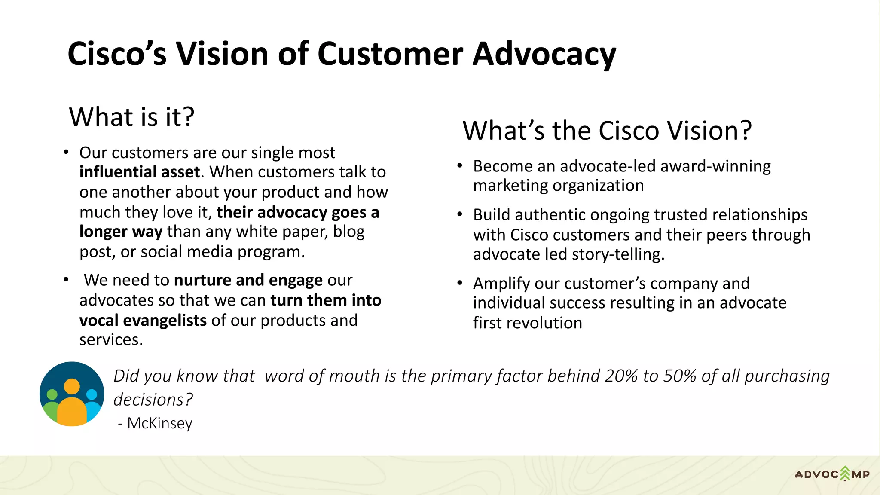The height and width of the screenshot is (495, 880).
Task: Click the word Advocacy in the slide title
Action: pyautogui.click(x=544, y=54)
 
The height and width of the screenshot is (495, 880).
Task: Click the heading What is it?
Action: pyautogui.click(x=131, y=117)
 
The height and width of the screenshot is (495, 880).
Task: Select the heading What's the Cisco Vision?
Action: pyautogui.click(x=607, y=131)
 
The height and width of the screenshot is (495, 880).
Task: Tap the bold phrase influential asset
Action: pyautogui.click(x=140, y=172)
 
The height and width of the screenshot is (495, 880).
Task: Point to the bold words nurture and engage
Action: pyautogui.click(x=248, y=280)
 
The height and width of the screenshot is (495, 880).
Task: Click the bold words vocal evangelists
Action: pyautogui.click(x=143, y=321)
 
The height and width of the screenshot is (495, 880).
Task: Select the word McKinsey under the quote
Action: pyautogui.click(x=159, y=423)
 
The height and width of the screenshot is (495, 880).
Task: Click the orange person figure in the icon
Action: pyautogui.click(x=72, y=406)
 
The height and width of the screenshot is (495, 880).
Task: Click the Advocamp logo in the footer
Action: pyautogui.click(x=832, y=474)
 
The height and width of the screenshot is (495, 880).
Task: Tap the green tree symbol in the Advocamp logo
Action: pyautogui.click(x=845, y=473)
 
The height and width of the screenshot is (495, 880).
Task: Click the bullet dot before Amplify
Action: pyautogui.click(x=459, y=283)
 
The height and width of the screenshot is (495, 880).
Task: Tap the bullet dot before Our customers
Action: pyautogui.click(x=66, y=153)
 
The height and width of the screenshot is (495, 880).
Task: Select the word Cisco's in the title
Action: pyautogui.click(x=117, y=54)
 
